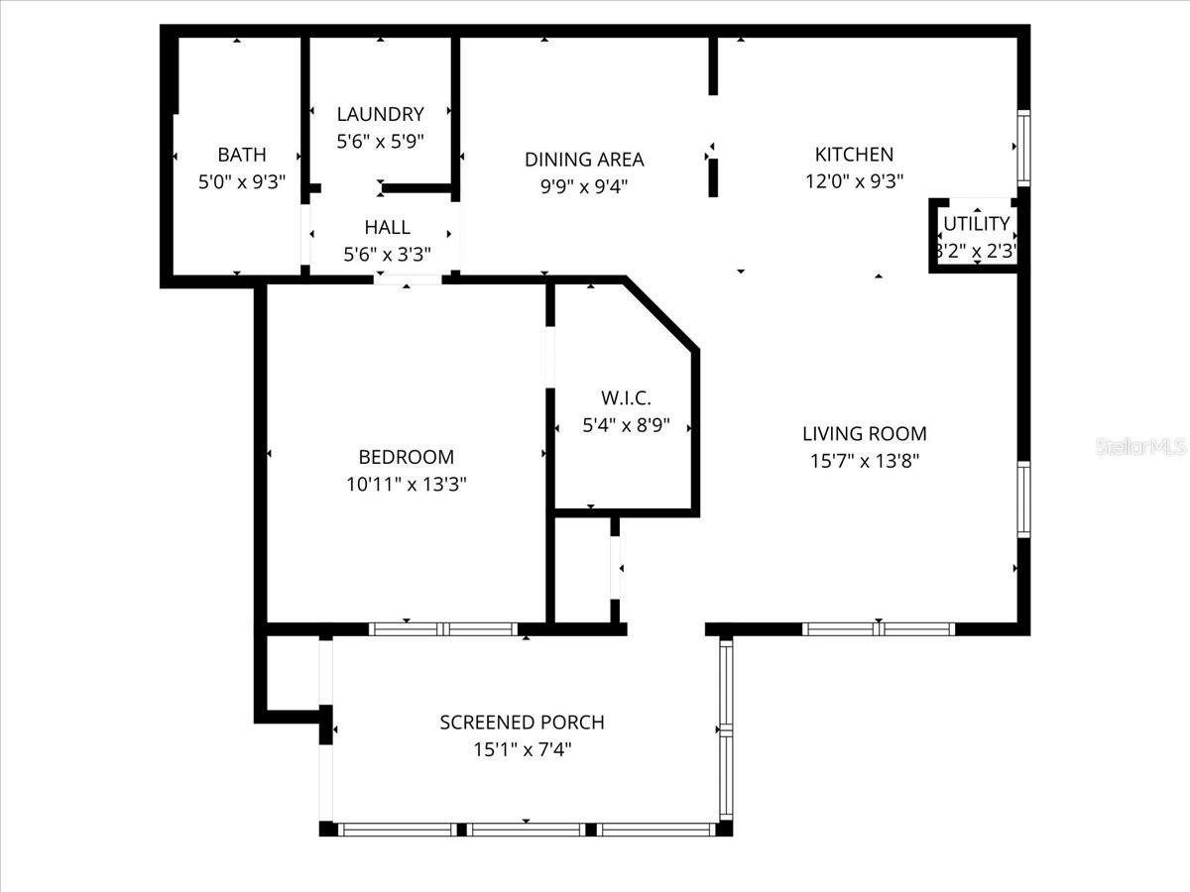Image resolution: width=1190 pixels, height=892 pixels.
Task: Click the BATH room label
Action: coord(242,155)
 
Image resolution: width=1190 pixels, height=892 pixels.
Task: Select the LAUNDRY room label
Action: coord(380,114)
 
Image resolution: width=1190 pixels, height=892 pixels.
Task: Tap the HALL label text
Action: coord(387,228)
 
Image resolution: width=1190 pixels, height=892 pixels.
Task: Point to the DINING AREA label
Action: coord(584,159)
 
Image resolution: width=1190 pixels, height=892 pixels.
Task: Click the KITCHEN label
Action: coord(854,155)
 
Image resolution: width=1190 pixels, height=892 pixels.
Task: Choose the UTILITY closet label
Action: coord(977,224)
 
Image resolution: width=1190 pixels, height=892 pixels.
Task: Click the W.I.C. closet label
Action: coord(626,398)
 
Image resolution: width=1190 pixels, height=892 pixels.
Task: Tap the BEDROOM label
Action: coord(406,457)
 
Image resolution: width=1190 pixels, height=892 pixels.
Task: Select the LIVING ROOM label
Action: coord(864,433)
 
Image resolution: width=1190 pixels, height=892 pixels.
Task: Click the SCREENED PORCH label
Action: coord(522,723)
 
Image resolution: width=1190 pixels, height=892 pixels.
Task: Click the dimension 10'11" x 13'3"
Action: coord(407,485)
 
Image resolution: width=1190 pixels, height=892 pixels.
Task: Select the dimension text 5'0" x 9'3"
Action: coord(242,181)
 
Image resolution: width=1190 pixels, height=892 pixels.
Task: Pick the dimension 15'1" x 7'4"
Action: coord(522,749)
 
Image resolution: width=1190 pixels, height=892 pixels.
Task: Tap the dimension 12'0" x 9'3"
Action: coord(854,181)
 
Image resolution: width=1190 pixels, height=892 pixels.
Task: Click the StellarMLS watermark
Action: coord(1141,447)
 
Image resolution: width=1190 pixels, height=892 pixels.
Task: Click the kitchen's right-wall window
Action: coord(1023,149)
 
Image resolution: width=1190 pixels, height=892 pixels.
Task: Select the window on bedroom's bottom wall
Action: coord(443,628)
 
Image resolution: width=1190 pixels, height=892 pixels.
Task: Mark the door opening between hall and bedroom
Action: coord(408,279)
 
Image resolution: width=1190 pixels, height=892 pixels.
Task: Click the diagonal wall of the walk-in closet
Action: coord(661,314)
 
